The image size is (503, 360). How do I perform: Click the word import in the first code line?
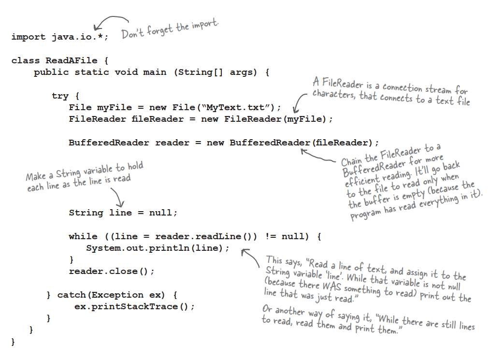[29, 37]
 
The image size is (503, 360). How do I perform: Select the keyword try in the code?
[60, 96]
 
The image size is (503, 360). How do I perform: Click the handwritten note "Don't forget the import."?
[170, 30]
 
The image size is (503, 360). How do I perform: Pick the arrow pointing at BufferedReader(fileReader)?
[319, 156]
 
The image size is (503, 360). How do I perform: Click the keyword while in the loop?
[83, 236]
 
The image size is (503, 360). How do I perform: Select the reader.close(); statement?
[112, 272]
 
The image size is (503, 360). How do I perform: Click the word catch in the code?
[72, 295]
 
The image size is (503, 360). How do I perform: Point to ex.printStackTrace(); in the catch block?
[134, 307]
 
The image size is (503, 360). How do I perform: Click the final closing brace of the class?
[13, 342]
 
